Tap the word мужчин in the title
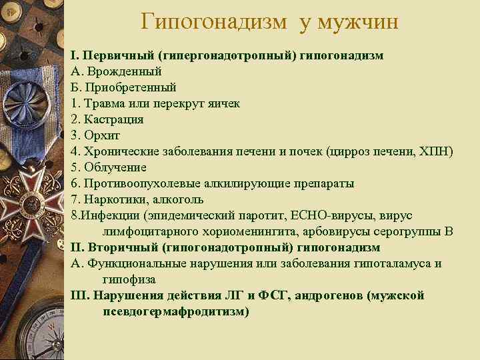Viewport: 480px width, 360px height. (x=360, y=22)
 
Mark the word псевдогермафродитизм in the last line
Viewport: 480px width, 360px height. (x=176, y=311)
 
